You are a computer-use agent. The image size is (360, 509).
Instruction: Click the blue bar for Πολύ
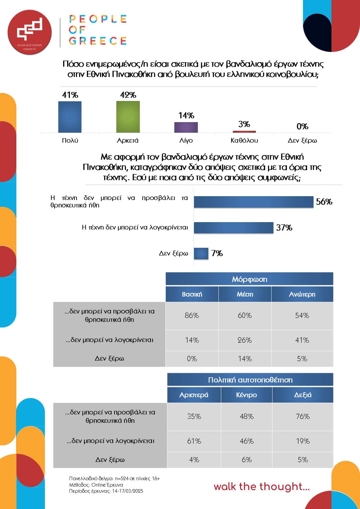tap(70, 117)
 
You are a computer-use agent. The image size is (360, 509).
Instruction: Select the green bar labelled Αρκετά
tap(128, 117)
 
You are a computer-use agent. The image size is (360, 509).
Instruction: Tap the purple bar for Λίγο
tap(186, 127)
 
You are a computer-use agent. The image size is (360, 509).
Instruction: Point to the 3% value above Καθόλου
tap(244, 124)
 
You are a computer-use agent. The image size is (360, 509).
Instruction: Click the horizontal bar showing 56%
tap(254, 202)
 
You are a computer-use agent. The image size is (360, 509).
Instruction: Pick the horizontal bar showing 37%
tap(234, 228)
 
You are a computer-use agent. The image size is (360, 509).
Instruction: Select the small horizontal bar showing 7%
tap(201, 253)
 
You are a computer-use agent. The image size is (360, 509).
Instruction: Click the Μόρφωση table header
tap(249, 279)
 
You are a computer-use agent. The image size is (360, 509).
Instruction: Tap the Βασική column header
tap(192, 294)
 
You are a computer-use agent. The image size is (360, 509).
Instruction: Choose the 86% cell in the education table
tap(192, 315)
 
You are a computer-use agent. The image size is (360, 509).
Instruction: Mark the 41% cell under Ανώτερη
tap(302, 340)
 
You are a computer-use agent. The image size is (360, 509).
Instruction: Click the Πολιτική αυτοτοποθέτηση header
tap(250, 380)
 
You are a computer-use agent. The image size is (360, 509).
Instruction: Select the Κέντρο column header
tap(247, 395)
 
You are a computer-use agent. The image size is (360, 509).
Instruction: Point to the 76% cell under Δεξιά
tap(303, 416)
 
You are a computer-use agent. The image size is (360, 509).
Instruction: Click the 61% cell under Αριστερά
tap(194, 441)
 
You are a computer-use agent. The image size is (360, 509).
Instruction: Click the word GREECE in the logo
tap(98, 41)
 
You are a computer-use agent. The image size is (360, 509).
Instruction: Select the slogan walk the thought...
tap(262, 487)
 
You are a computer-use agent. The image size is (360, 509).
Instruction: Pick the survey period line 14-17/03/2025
tap(106, 491)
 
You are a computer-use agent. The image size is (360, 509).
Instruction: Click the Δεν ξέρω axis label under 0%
tap(302, 140)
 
